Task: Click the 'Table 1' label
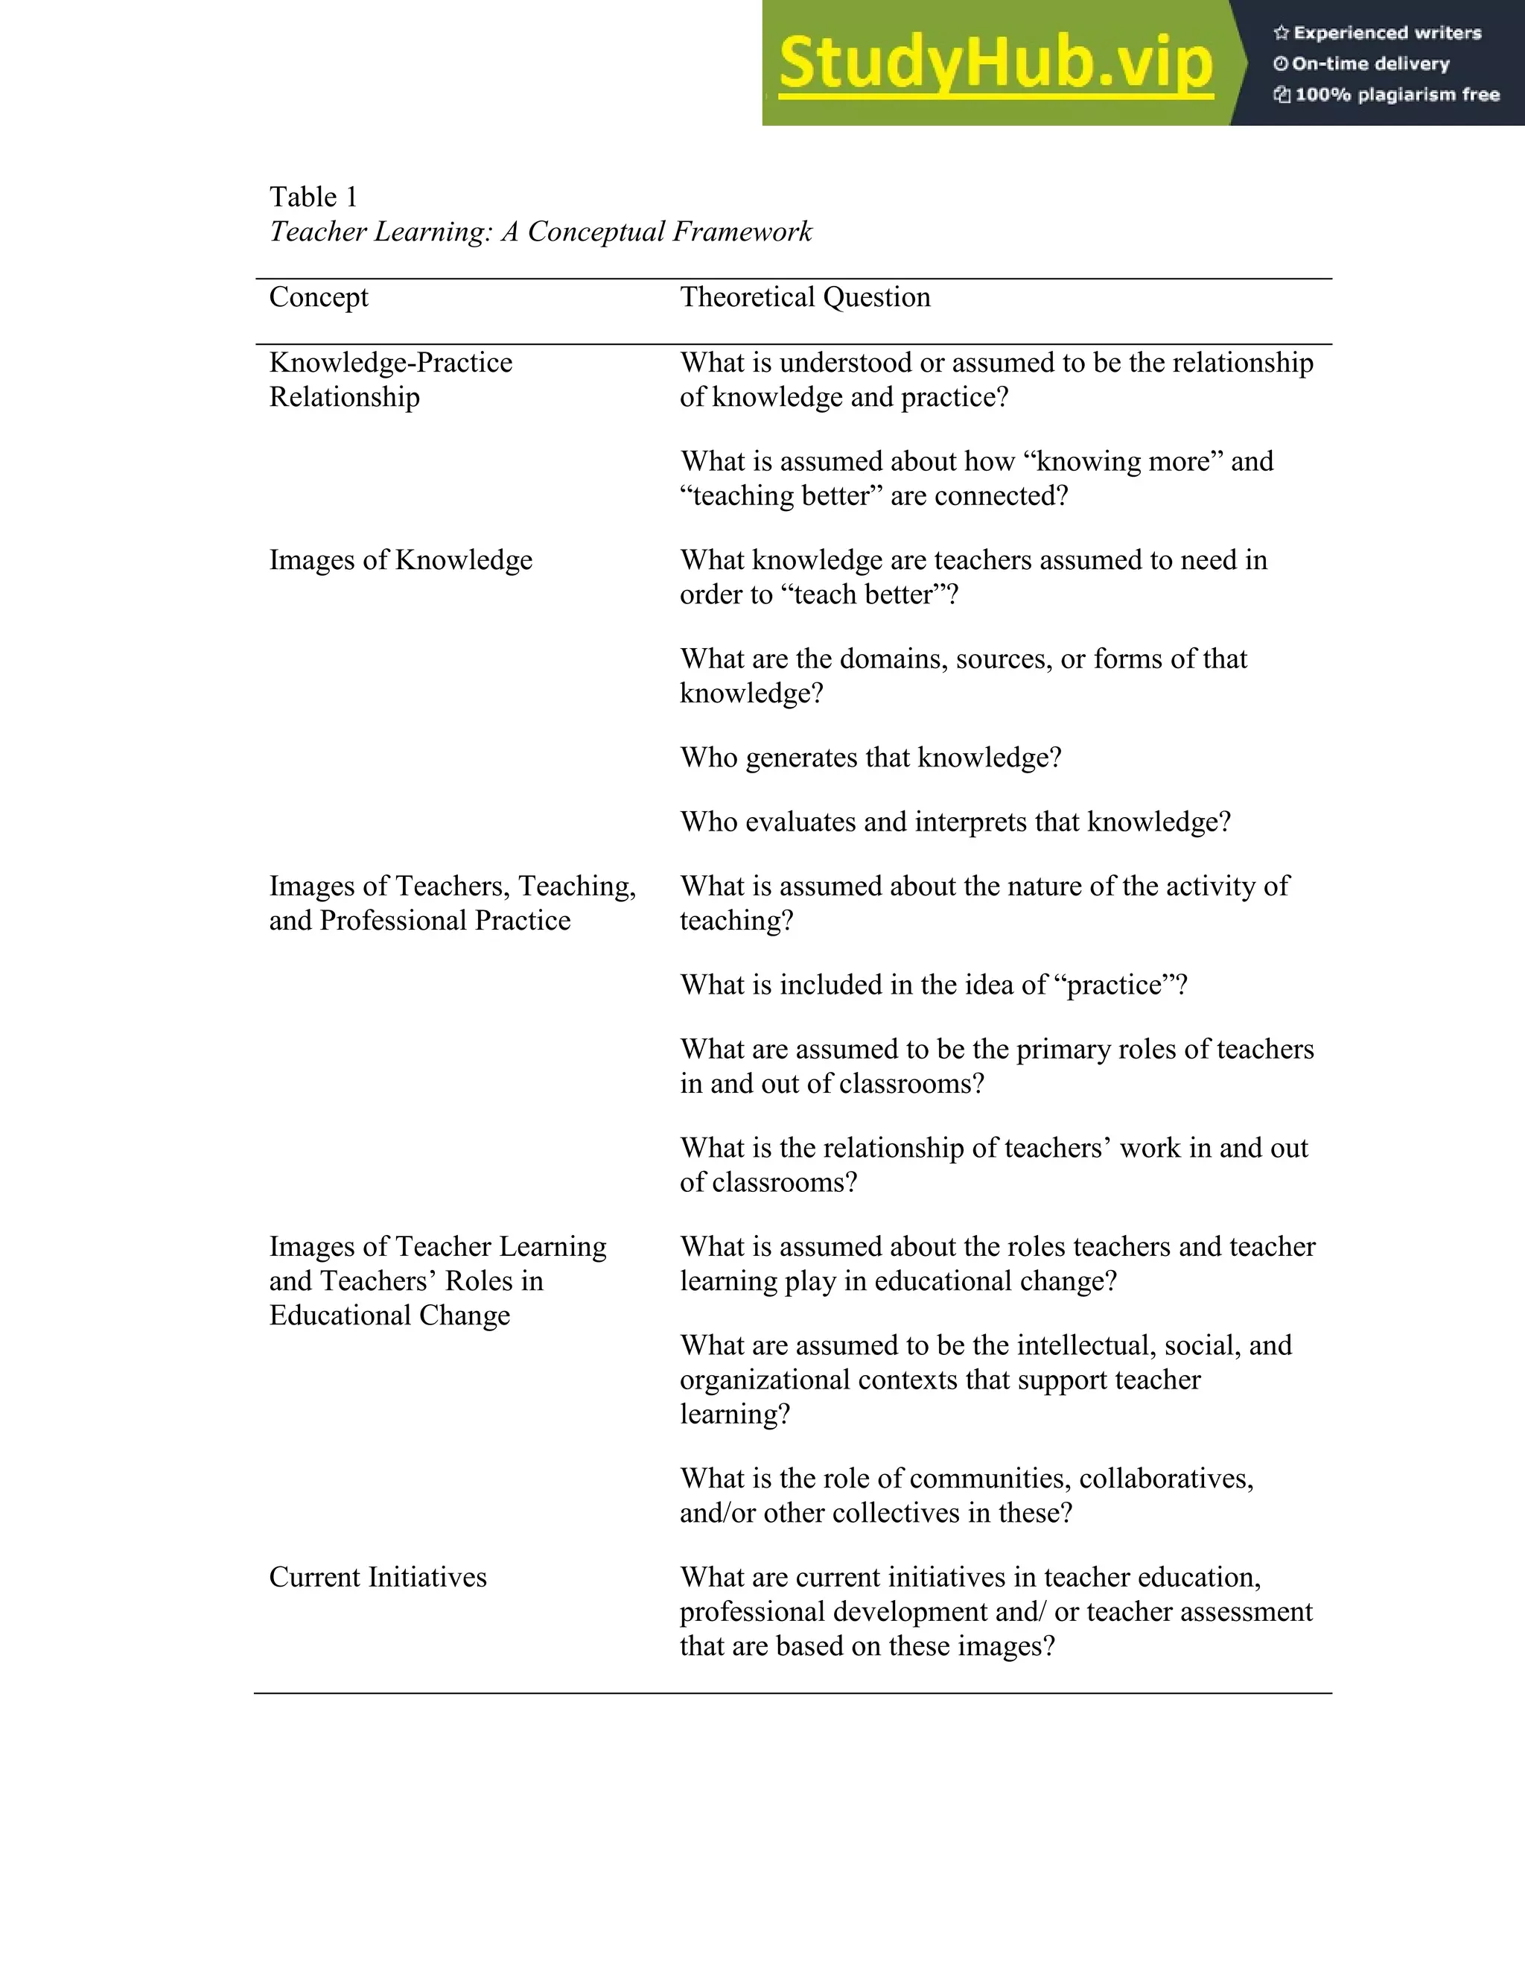click(x=313, y=197)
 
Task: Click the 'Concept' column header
click(x=319, y=297)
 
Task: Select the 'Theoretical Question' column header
click(x=805, y=297)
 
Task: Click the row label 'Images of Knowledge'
click(x=400, y=560)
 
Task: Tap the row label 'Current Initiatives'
click(x=378, y=1577)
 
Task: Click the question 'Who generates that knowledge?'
click(x=870, y=758)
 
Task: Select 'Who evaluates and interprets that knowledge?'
click(x=955, y=822)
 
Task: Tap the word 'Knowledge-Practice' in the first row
click(x=390, y=364)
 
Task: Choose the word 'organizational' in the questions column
click(x=764, y=1380)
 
